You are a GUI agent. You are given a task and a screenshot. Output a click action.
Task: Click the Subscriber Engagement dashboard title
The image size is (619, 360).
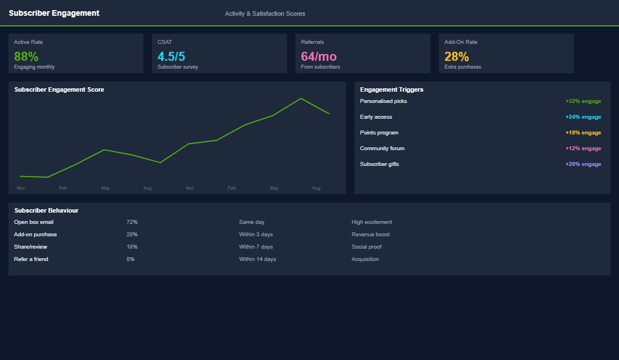54,13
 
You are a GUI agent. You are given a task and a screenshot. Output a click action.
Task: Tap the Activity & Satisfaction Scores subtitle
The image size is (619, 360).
265,13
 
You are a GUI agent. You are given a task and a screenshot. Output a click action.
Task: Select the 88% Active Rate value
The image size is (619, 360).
26,56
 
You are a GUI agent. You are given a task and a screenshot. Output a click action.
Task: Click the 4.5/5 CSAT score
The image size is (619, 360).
171,56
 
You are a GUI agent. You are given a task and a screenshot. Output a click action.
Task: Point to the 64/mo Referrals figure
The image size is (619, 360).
319,56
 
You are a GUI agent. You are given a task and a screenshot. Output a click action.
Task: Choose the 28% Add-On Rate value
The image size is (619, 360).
456,56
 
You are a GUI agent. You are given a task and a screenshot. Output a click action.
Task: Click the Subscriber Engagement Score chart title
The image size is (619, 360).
59,89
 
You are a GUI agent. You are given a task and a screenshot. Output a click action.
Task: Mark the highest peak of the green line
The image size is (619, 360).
301,98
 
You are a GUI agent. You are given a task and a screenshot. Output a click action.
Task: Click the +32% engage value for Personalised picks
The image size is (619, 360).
583,101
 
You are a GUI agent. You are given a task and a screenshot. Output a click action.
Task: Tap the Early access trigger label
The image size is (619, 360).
376,117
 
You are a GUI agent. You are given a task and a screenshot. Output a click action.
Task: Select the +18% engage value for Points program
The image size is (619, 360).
583,133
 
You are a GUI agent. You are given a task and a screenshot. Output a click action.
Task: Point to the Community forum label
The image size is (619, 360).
382,148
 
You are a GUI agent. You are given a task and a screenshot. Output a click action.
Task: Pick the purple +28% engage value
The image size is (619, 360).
583,164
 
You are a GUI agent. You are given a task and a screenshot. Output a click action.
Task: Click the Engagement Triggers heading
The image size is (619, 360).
392,89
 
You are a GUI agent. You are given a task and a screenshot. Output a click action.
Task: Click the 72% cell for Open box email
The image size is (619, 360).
132,222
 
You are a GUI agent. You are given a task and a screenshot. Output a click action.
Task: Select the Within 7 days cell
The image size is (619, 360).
255,247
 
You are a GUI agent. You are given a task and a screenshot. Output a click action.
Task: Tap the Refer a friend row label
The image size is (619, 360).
31,259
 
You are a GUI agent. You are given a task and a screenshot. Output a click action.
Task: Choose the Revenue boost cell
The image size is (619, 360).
370,235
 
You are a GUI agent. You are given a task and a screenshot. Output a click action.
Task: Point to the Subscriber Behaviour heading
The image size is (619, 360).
46,210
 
